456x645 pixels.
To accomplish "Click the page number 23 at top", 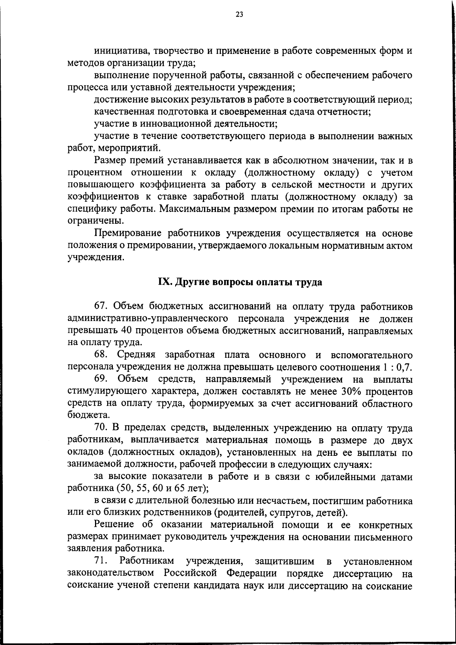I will click(239, 15).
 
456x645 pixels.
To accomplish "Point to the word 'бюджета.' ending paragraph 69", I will click(86, 416).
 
